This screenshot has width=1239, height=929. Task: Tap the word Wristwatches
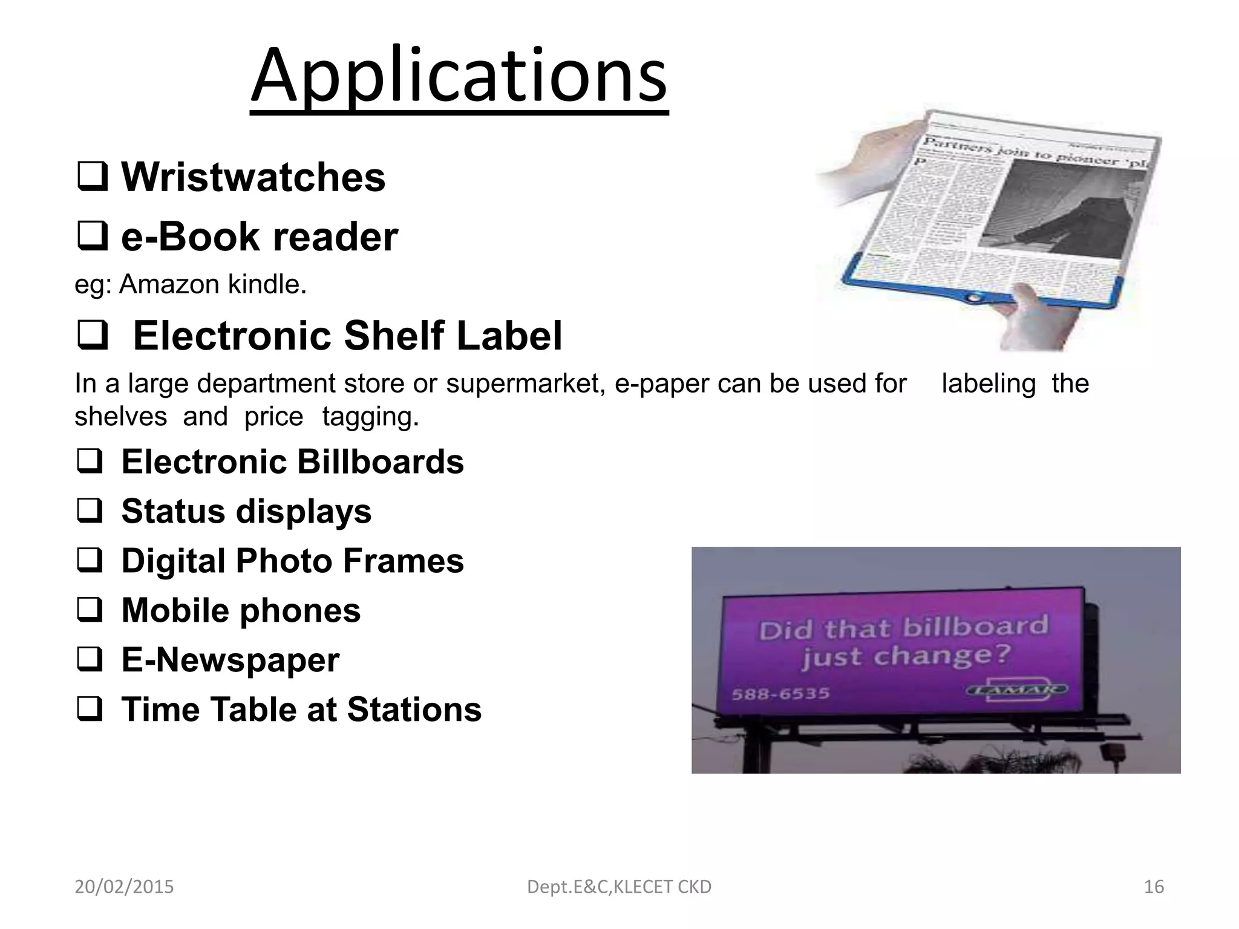(253, 177)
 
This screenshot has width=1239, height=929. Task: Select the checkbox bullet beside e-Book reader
(92, 236)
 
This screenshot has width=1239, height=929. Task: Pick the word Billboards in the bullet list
(380, 462)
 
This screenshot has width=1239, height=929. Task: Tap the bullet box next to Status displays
(91, 512)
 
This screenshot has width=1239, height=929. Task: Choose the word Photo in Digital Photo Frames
(284, 561)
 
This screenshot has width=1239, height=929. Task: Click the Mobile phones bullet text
(241, 610)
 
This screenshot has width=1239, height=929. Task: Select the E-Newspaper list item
(230, 660)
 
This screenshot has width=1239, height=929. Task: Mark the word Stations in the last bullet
(414, 709)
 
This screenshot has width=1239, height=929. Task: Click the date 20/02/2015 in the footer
(124, 887)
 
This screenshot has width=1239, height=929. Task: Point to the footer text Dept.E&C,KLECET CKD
(619, 887)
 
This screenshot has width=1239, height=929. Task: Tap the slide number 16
(1154, 887)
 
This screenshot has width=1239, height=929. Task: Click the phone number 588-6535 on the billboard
(780, 693)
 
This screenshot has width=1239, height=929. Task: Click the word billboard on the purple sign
(975, 627)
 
